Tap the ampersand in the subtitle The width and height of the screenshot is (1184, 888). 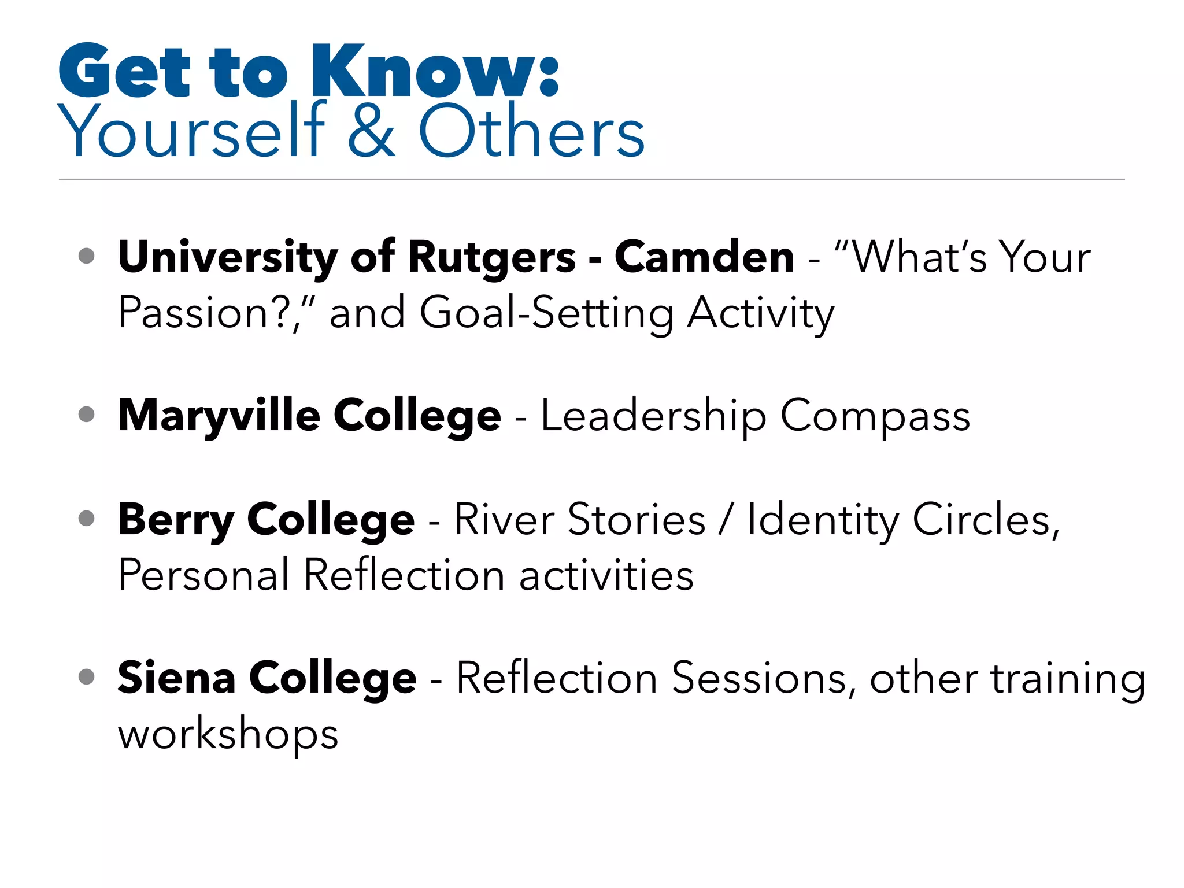(372, 130)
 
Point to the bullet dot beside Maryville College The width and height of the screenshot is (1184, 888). (86, 414)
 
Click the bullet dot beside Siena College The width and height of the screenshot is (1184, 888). (86, 676)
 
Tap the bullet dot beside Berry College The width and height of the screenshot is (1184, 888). (86, 517)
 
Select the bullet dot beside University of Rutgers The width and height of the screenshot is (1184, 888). (86, 256)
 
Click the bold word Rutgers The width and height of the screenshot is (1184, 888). (491, 258)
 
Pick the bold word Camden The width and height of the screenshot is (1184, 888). (704, 257)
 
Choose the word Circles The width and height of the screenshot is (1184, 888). (985, 520)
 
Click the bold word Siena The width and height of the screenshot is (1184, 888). (176, 678)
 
